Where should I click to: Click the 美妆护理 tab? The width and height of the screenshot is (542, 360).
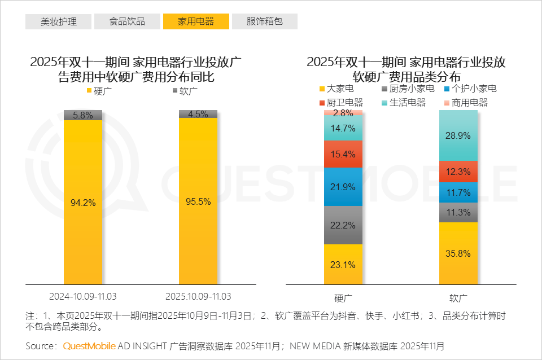(58, 21)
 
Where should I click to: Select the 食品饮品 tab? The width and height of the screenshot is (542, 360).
(127, 21)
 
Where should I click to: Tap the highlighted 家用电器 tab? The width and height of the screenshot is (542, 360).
(196, 21)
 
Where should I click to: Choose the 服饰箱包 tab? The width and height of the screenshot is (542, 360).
(264, 21)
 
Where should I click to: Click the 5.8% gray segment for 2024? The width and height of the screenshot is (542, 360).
(83, 115)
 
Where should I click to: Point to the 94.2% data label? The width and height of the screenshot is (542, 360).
(83, 201)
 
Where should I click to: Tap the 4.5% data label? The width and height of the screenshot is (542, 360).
(198, 113)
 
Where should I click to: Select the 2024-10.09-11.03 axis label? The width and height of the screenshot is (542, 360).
(83, 296)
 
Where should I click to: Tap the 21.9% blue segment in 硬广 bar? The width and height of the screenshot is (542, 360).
(343, 187)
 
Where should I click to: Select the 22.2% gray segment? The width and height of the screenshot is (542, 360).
(343, 225)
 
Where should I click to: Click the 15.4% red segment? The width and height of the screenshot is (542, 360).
(343, 154)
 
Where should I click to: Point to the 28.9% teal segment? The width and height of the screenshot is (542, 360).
(458, 135)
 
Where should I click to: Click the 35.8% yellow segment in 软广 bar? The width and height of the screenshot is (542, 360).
(458, 253)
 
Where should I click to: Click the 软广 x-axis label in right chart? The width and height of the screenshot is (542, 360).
(458, 297)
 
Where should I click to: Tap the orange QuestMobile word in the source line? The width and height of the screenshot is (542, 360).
(90, 345)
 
